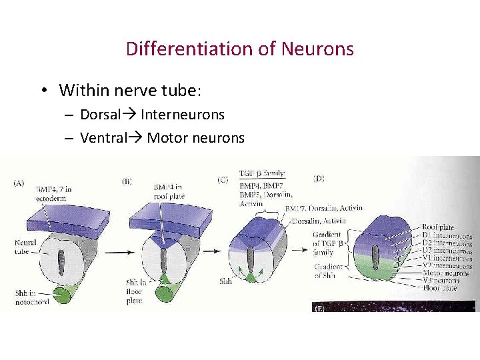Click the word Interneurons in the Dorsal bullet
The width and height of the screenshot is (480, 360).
click(183, 115)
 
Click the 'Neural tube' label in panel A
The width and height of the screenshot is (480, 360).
click(25, 247)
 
